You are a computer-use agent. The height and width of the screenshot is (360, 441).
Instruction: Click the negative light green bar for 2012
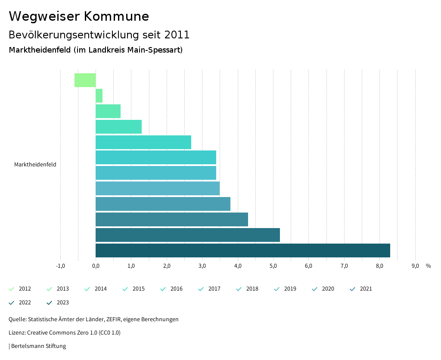click(x=85, y=80)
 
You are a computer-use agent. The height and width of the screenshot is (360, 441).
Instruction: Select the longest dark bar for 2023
click(x=242, y=250)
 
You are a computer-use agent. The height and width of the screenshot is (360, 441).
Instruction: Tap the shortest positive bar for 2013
click(x=99, y=96)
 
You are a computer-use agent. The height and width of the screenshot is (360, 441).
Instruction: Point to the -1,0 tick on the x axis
click(x=60, y=266)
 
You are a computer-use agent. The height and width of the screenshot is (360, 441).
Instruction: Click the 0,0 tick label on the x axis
click(x=96, y=266)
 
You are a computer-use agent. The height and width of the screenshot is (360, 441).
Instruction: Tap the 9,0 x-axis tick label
click(x=415, y=266)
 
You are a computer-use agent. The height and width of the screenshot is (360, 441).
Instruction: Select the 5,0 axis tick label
click(x=273, y=266)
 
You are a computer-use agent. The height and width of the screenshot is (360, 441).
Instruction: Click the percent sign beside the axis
click(x=428, y=266)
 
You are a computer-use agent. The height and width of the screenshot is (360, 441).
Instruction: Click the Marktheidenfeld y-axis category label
click(x=35, y=164)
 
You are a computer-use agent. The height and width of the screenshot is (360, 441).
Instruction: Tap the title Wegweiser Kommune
click(x=79, y=16)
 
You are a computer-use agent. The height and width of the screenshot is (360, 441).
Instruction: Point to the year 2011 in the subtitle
click(x=177, y=34)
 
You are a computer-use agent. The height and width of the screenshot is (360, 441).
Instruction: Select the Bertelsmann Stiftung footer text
click(x=38, y=346)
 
